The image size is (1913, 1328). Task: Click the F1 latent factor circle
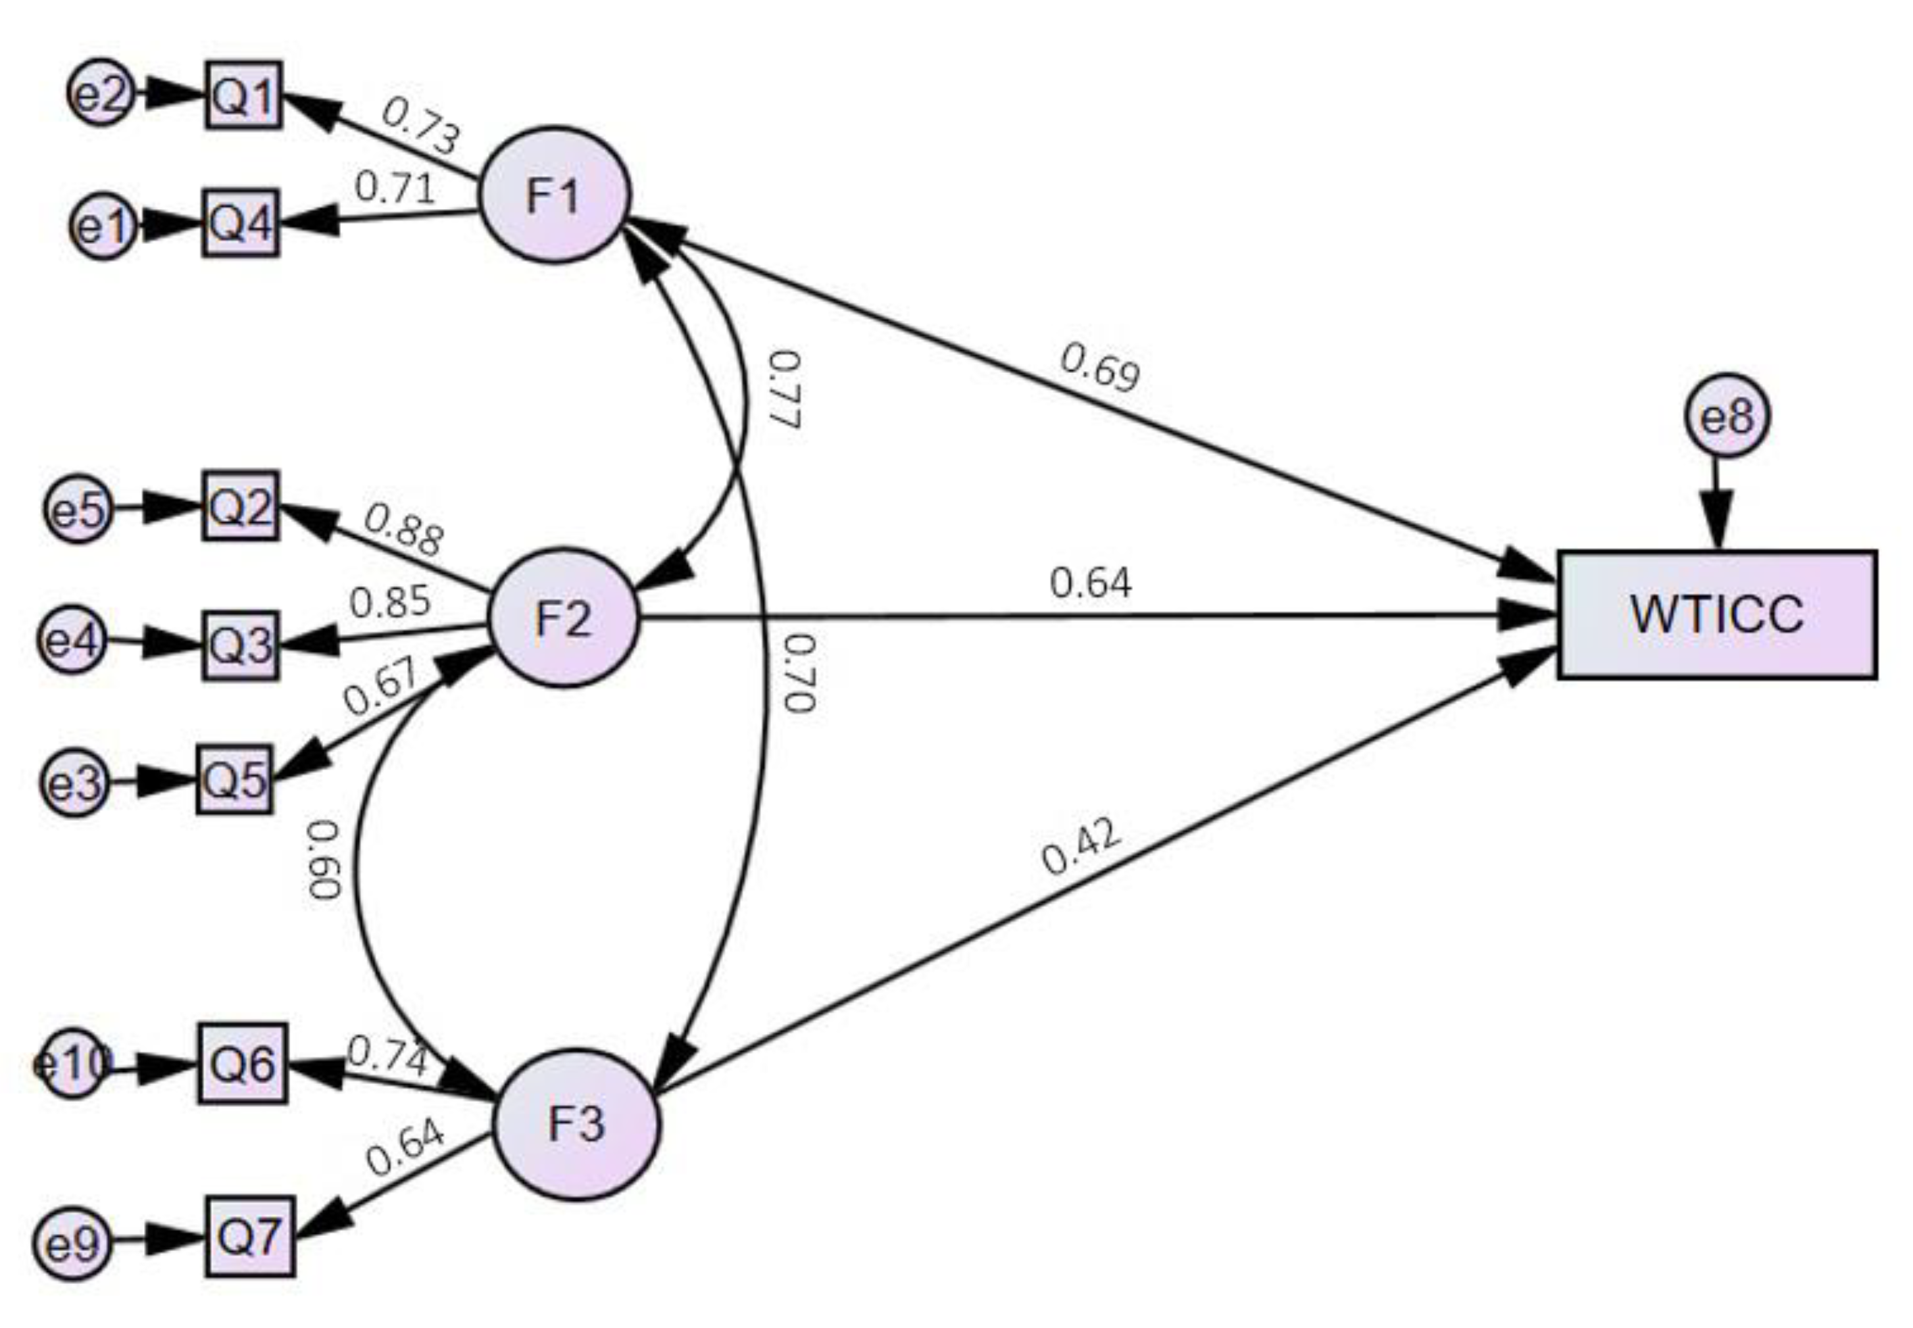point(554,195)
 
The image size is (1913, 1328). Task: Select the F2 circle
point(563,618)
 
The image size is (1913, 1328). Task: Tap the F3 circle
point(576,1124)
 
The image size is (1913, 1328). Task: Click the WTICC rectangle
point(1716,614)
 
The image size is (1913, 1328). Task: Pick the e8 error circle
point(1727,415)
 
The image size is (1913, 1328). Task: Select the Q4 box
point(241,223)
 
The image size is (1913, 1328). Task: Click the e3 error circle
point(75,782)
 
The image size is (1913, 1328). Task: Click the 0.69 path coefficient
point(1100,366)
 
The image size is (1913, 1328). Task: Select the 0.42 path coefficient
point(1080,847)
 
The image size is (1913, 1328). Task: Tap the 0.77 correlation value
point(784,389)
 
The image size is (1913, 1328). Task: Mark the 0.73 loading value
point(421,126)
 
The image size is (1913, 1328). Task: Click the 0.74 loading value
point(387,1057)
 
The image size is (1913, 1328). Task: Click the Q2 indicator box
point(241,506)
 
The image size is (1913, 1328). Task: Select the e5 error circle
point(78,508)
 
